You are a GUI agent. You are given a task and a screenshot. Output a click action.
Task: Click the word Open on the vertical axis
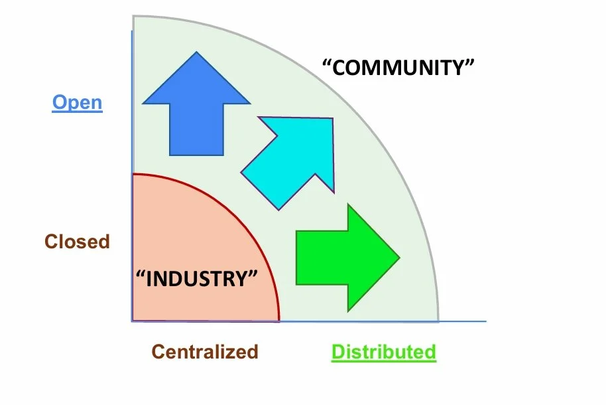[x=78, y=103]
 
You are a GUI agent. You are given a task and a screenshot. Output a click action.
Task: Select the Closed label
[x=77, y=241]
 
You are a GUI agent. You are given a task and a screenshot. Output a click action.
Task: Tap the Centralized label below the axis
[x=204, y=351]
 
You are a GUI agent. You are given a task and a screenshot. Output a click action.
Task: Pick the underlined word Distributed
[x=384, y=351]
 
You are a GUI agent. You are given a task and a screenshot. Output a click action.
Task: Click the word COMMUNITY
[x=399, y=68]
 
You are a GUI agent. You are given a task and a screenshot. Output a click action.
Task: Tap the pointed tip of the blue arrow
[x=197, y=53]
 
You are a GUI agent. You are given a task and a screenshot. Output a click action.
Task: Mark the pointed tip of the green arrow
[x=400, y=256]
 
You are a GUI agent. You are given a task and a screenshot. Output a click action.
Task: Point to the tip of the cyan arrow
[x=332, y=120]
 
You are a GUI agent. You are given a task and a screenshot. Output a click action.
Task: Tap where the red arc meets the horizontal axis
[x=279, y=321]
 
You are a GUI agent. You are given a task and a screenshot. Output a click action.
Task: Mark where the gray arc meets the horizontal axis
[x=438, y=321]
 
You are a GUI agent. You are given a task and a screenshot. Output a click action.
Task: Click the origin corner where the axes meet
[x=132, y=321]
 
